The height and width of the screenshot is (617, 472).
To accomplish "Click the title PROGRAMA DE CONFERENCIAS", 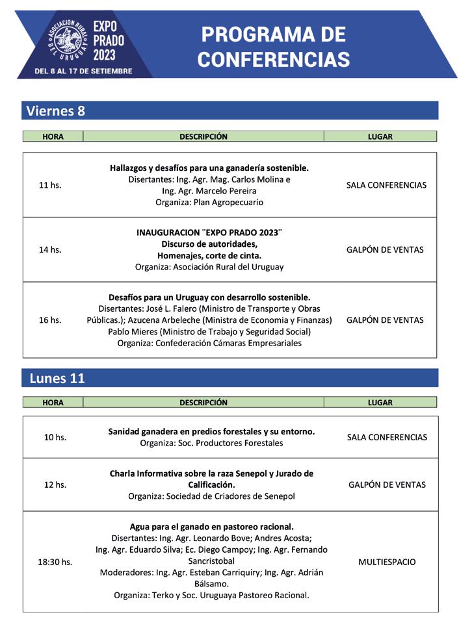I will (x=273, y=47).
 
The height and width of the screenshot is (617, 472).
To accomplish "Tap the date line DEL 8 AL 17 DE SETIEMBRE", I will (x=83, y=70).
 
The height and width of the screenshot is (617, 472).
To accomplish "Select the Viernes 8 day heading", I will (x=56, y=110).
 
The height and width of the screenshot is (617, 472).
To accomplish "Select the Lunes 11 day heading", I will (x=57, y=378).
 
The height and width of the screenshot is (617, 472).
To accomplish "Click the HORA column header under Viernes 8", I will (x=53, y=136).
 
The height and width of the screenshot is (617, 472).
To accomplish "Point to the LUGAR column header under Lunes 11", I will (x=380, y=402).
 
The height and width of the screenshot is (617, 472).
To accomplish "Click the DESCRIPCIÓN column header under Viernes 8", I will (x=203, y=136).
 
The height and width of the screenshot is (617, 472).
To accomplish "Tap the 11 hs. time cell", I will (x=50, y=185).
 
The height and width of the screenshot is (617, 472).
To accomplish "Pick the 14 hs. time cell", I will (x=50, y=249).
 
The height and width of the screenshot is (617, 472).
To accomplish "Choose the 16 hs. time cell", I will (x=50, y=320).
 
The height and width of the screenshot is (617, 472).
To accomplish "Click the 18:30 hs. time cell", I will (x=55, y=562).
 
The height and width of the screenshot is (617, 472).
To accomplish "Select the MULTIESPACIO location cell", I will (x=387, y=562).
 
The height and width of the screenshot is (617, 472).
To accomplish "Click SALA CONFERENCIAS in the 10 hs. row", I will (x=387, y=437).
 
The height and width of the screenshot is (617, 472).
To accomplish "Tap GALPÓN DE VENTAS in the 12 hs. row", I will (x=387, y=485).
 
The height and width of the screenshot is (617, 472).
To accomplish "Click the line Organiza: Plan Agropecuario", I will (x=209, y=202).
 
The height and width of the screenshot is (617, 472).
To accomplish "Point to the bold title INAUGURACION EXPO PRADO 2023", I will (x=209, y=232).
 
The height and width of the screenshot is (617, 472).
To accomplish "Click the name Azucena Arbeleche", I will (x=167, y=320).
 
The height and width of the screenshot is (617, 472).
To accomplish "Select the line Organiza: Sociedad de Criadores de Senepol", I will (x=211, y=496).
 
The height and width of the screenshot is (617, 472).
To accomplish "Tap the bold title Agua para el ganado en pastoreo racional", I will (x=211, y=526).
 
